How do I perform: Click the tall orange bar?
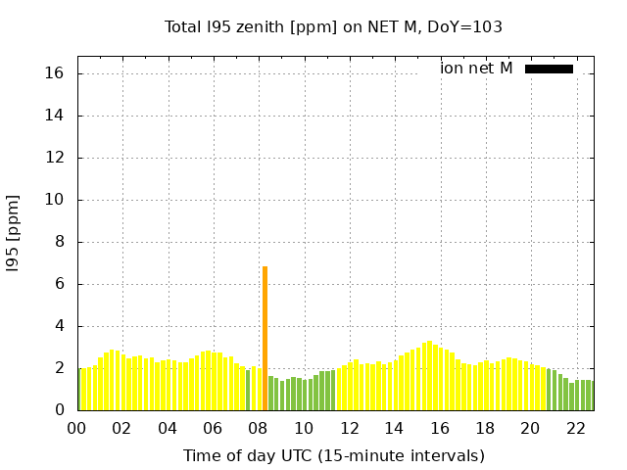(265, 338)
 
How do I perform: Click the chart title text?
(333, 26)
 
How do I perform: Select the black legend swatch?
(549, 69)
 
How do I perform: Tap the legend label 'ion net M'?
(476, 69)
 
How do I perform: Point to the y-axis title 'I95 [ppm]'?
(14, 233)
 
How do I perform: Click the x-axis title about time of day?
(333, 455)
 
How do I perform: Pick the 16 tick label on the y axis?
(55, 73)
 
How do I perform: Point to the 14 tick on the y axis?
(55, 116)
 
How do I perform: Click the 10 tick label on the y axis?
(55, 200)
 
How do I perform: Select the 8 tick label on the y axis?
(59, 242)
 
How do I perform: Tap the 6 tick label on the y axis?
(59, 284)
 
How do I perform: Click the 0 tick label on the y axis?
(59, 410)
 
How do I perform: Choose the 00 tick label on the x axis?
(77, 429)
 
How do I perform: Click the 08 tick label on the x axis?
(259, 429)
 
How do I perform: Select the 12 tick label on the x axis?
(350, 429)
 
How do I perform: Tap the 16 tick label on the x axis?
(440, 429)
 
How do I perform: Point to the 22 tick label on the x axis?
(576, 429)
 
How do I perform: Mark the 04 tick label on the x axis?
(168, 429)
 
